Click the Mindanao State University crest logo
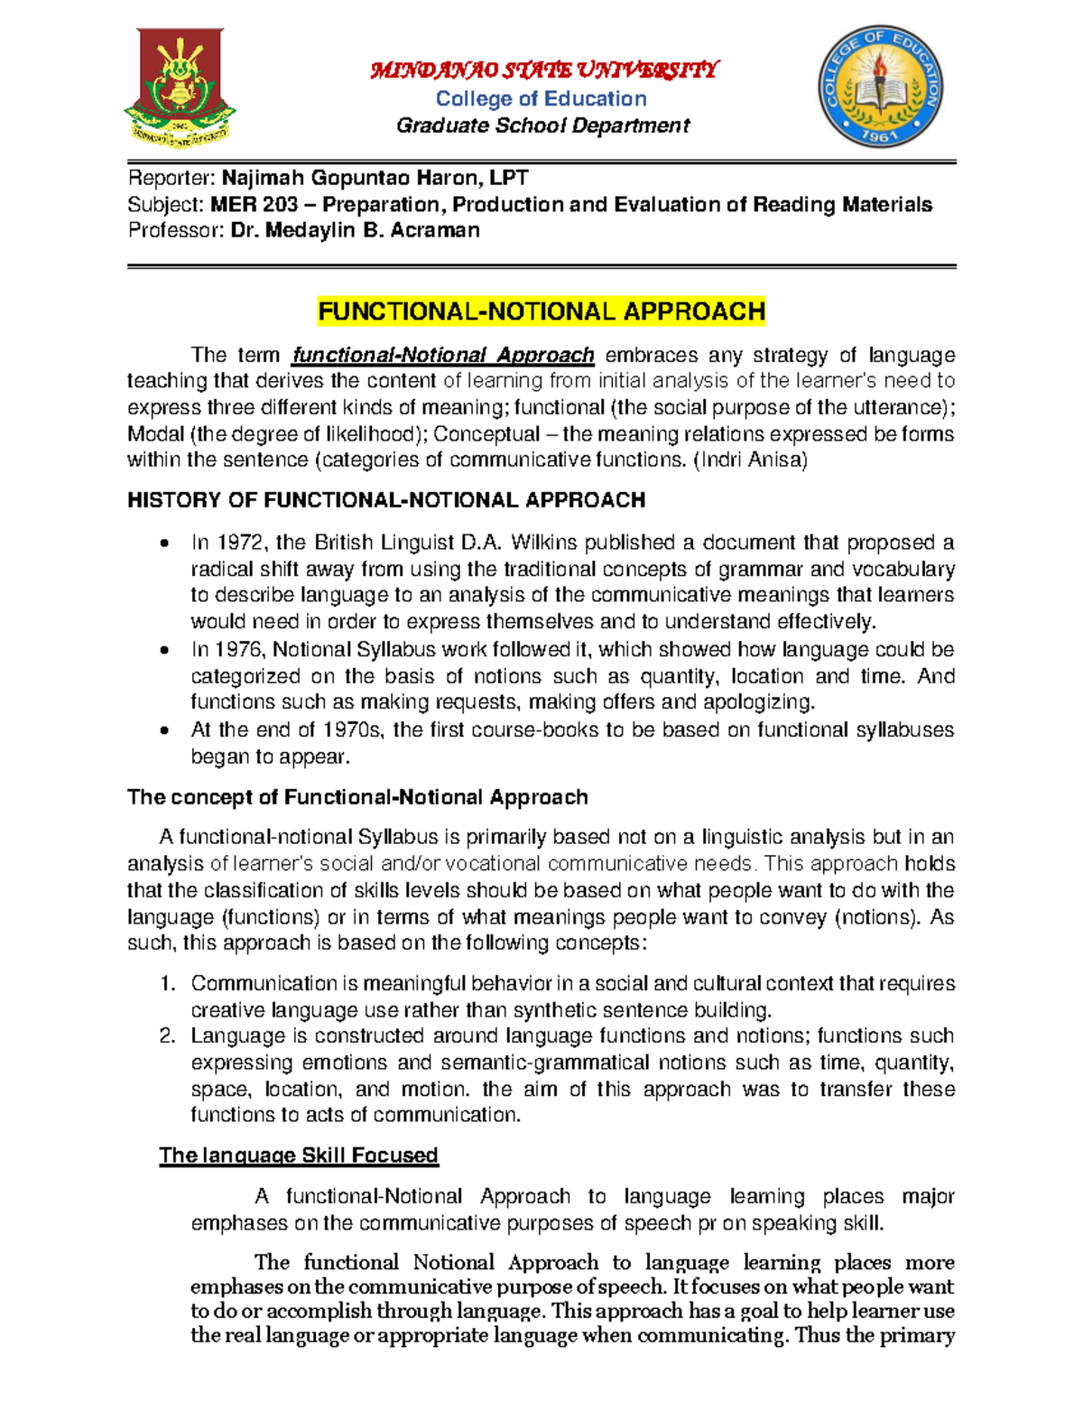(179, 88)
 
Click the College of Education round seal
(879, 88)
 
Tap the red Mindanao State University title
(543, 70)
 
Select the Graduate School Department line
(542, 125)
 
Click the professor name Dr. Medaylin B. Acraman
(355, 231)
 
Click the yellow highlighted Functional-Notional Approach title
(541, 312)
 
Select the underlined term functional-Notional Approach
(443, 355)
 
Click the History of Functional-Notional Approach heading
(386, 500)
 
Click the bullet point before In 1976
(163, 650)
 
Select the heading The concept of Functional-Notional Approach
(357, 797)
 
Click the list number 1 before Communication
(167, 983)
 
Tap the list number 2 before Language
(167, 1035)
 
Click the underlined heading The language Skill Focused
(298, 1156)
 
